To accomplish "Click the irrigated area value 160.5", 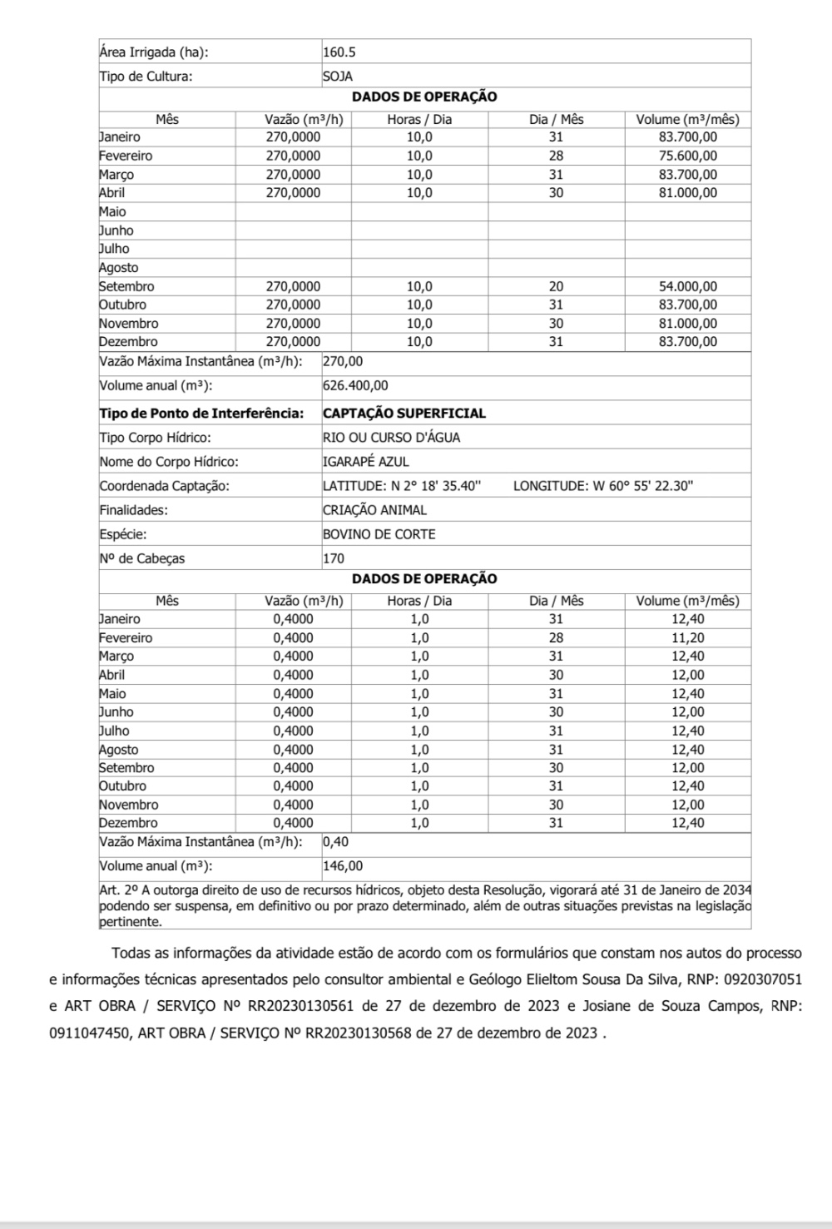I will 339,52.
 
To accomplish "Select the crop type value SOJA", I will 338,76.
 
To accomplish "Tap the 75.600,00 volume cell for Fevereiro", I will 687,156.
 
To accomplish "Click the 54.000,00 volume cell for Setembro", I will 687,286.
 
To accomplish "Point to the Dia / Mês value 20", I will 556,286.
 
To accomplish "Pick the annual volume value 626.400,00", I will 355,385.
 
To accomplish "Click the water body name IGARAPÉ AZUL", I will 366,461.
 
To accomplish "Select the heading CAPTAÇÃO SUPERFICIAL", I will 404,413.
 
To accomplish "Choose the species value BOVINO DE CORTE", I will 379,534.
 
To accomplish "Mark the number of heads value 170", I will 334,558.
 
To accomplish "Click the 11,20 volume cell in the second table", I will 687,637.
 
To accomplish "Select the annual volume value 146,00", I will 343,865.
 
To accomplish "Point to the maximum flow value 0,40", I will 336,841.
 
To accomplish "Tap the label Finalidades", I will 133,510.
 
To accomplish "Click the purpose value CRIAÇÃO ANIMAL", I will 374,510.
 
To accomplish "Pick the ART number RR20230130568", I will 359,1033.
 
